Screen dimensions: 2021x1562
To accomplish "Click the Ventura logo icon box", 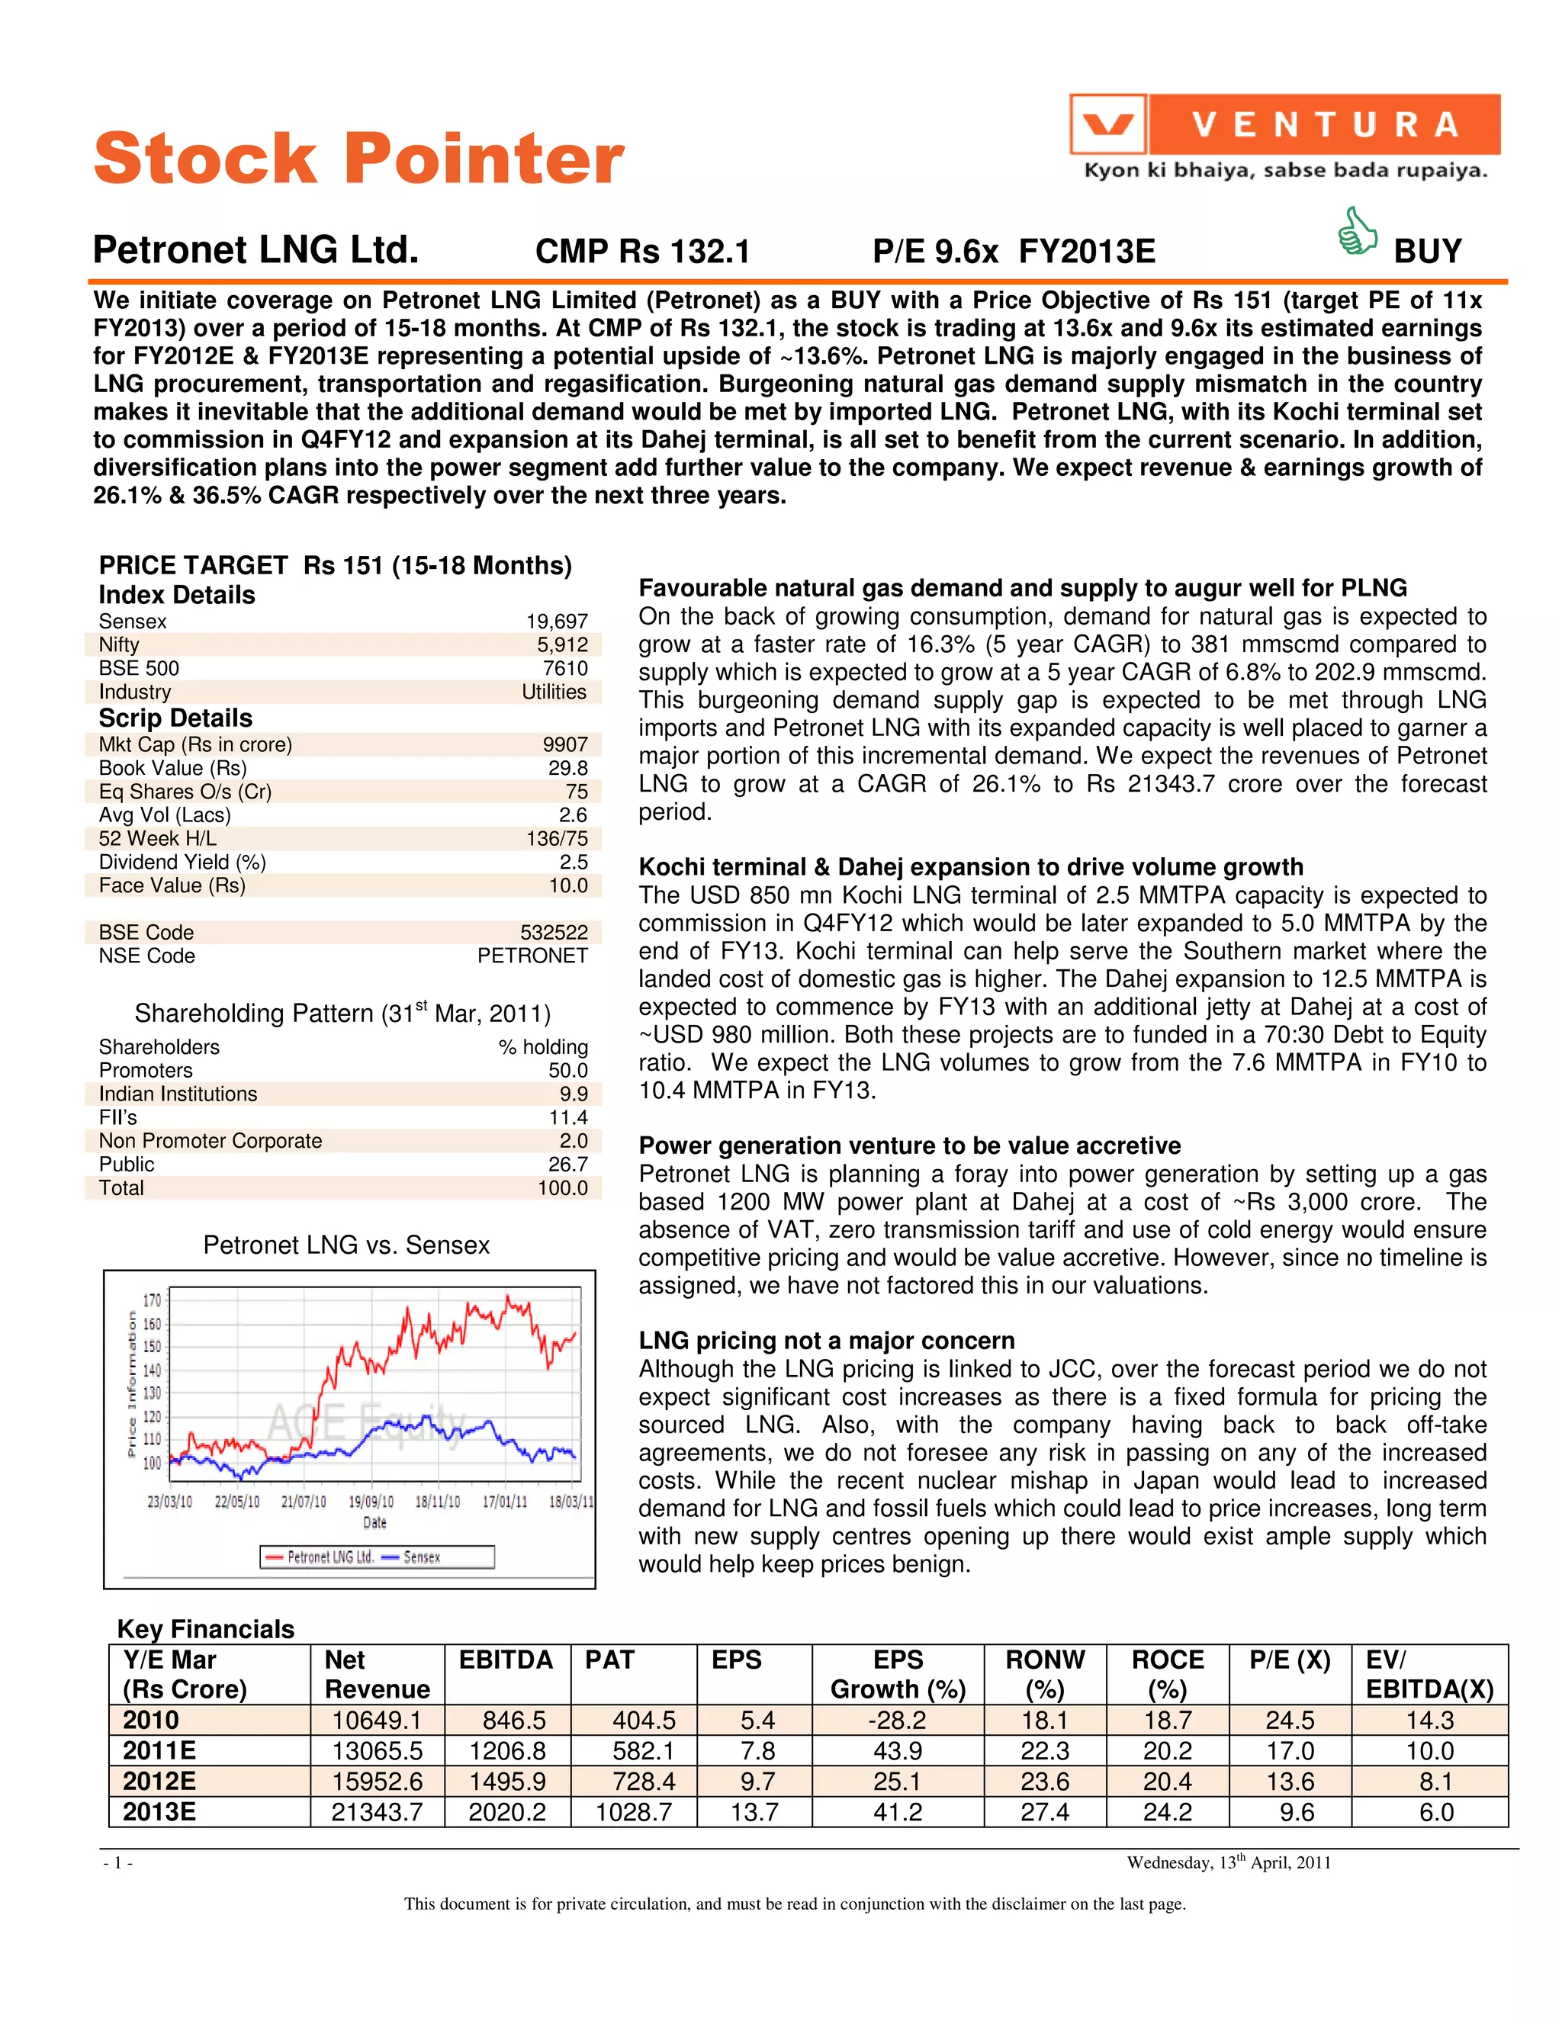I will point(1107,124).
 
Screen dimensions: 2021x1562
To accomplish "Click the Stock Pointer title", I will point(358,157).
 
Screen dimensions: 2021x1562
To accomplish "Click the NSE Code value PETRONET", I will point(532,956).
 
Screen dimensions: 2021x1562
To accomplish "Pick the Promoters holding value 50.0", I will point(567,1070).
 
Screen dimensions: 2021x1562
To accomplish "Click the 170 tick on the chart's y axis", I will point(152,1300).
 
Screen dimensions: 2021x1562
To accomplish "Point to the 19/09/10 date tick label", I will point(371,1501).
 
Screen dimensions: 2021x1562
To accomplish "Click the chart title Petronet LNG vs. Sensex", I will point(346,1245).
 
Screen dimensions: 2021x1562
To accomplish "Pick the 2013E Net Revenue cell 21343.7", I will point(377,1812).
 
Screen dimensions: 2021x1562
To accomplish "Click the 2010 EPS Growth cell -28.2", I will point(898,1721).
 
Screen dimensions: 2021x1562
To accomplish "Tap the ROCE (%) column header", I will point(1167,1674).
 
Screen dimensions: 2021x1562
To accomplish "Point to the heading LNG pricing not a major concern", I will point(826,1340).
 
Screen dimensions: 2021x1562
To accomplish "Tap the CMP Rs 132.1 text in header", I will point(642,251).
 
